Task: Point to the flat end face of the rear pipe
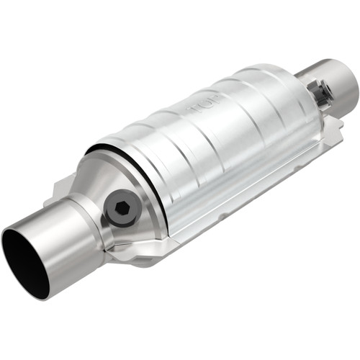(x=344, y=84)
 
